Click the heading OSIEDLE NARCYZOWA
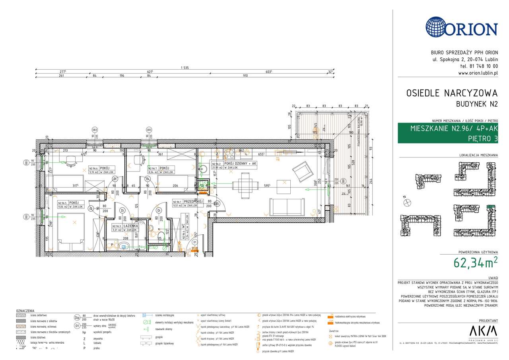[x=452, y=93]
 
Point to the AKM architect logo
[x=483, y=331]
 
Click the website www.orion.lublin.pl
[x=478, y=73]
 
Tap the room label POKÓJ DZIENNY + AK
[x=240, y=163]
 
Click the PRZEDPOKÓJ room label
[x=193, y=201]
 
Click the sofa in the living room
[x=286, y=207]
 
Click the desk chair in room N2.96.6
[x=72, y=160]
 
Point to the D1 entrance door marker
[x=195, y=241]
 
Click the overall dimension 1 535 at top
[x=184, y=68]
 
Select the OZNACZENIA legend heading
[x=25, y=311]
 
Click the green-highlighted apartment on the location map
[x=491, y=207]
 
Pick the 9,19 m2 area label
[x=95, y=172]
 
